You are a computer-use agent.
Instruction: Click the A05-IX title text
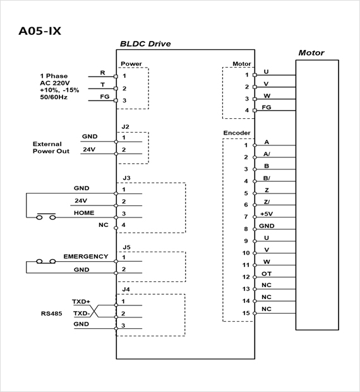pyautogui.click(x=40, y=31)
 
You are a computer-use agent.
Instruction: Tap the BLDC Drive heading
pyautogui.click(x=145, y=44)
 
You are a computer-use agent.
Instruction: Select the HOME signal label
pyautogui.click(x=84, y=212)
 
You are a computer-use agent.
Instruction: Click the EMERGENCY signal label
pyautogui.click(x=86, y=257)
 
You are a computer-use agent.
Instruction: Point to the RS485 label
pyautogui.click(x=51, y=314)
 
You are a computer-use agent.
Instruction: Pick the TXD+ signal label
pyautogui.click(x=81, y=302)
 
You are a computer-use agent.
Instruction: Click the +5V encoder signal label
pyautogui.click(x=267, y=214)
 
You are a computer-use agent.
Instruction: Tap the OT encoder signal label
pyautogui.click(x=267, y=274)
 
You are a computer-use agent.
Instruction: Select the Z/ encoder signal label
pyautogui.click(x=267, y=202)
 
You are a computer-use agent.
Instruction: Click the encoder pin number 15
pyautogui.click(x=246, y=313)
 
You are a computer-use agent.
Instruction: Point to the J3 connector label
pyautogui.click(x=126, y=178)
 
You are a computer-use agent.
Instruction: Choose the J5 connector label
pyautogui.click(x=126, y=247)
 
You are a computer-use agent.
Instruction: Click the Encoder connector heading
pyautogui.click(x=237, y=133)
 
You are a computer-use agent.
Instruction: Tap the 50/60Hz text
pyautogui.click(x=54, y=97)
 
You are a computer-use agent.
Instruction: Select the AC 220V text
pyautogui.click(x=55, y=83)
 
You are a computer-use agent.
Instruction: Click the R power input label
pyautogui.click(x=102, y=73)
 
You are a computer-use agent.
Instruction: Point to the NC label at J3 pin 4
pyautogui.click(x=104, y=225)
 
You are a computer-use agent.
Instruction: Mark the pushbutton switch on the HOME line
pyautogui.click(x=46, y=216)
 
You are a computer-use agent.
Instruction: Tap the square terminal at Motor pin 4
pyautogui.click(x=255, y=111)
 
